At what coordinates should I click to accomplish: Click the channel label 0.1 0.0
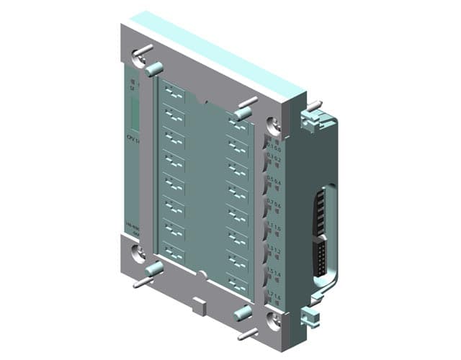pos(274,150)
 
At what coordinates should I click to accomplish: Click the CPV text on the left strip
pos(131,137)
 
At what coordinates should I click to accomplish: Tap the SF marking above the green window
pos(132,89)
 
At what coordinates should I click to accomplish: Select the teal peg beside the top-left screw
pos(152,70)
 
